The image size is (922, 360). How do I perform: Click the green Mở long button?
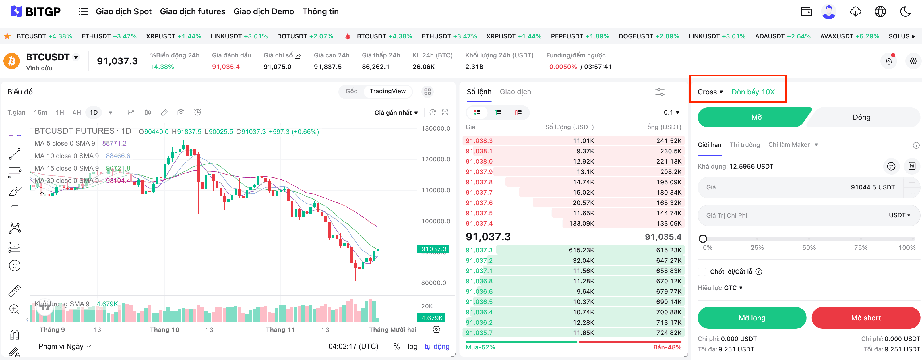(x=751, y=318)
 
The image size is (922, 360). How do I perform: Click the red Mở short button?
(x=865, y=318)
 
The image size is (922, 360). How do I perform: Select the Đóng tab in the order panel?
(x=861, y=117)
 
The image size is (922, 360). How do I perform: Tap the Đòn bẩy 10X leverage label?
(x=753, y=92)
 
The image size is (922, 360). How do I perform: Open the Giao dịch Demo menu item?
(x=264, y=11)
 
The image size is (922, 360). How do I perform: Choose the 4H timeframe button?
(x=77, y=112)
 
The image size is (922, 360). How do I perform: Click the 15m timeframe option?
(x=40, y=112)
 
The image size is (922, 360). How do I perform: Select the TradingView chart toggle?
(x=387, y=91)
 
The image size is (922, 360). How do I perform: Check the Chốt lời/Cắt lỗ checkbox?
(x=702, y=272)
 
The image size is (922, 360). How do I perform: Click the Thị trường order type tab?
(x=745, y=145)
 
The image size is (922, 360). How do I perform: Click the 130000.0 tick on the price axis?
(x=435, y=129)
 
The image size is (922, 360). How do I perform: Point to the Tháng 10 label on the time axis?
(x=164, y=330)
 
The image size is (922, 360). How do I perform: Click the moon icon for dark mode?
(x=905, y=11)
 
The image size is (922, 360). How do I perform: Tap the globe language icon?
(x=880, y=11)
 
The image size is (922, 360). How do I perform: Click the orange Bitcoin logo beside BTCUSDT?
(x=11, y=61)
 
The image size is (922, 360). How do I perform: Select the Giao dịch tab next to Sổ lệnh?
(x=515, y=92)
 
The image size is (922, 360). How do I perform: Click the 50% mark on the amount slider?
(x=809, y=239)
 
